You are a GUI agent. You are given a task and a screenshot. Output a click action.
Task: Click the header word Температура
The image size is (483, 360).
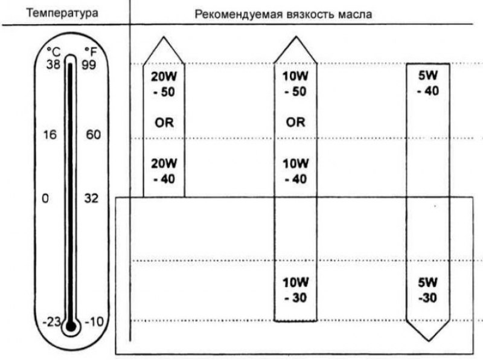62,13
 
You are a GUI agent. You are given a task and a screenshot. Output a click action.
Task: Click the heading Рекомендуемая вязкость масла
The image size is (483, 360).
283,14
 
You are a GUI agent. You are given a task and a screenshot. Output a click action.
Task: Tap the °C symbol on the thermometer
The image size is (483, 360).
54,52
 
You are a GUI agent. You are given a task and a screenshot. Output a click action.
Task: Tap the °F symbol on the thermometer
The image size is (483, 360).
91,52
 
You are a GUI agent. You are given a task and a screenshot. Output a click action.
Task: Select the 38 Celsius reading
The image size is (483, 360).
54,65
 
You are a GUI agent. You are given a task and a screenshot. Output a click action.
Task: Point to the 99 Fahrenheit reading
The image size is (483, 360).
89,65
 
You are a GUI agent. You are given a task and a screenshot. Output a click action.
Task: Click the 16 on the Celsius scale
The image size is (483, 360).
50,135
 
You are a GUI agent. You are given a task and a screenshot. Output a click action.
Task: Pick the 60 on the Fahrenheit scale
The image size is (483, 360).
94,135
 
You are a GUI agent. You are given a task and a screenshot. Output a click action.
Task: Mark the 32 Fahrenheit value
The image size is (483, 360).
91,198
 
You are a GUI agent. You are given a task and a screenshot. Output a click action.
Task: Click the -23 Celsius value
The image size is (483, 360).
52,322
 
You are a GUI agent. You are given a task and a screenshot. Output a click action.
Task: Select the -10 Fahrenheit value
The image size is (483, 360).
94,322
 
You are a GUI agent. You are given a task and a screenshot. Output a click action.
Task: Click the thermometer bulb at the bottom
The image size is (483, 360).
71,326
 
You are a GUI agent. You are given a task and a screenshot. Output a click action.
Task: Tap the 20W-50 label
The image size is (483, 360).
164,84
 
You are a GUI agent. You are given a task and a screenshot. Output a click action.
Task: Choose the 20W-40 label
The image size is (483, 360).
164,171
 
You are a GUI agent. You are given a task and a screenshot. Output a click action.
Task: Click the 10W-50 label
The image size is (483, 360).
295,84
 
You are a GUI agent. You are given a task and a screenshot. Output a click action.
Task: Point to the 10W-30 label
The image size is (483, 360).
296,290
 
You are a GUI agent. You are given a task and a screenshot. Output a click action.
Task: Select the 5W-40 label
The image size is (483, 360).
428,83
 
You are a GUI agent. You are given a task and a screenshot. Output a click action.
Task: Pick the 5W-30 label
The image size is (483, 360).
428,290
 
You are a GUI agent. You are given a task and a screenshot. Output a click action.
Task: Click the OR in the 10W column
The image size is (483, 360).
295,123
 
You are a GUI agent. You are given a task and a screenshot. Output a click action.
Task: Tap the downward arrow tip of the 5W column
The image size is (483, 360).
429,341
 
